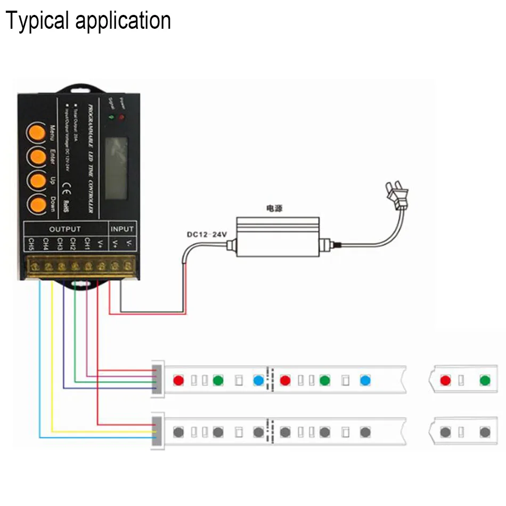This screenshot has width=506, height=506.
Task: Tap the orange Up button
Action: point(37,180)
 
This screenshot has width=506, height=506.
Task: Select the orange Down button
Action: point(37,204)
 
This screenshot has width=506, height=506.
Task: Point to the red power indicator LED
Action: point(121,116)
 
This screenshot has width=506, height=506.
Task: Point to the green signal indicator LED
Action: point(111,116)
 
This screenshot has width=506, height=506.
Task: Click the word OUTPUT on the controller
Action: point(65,229)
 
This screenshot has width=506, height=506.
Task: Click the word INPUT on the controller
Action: point(122,229)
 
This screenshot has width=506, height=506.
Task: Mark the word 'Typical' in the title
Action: point(36,21)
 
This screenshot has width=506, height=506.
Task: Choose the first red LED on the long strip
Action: point(178,381)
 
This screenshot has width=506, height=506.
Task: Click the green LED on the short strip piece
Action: point(484,381)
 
